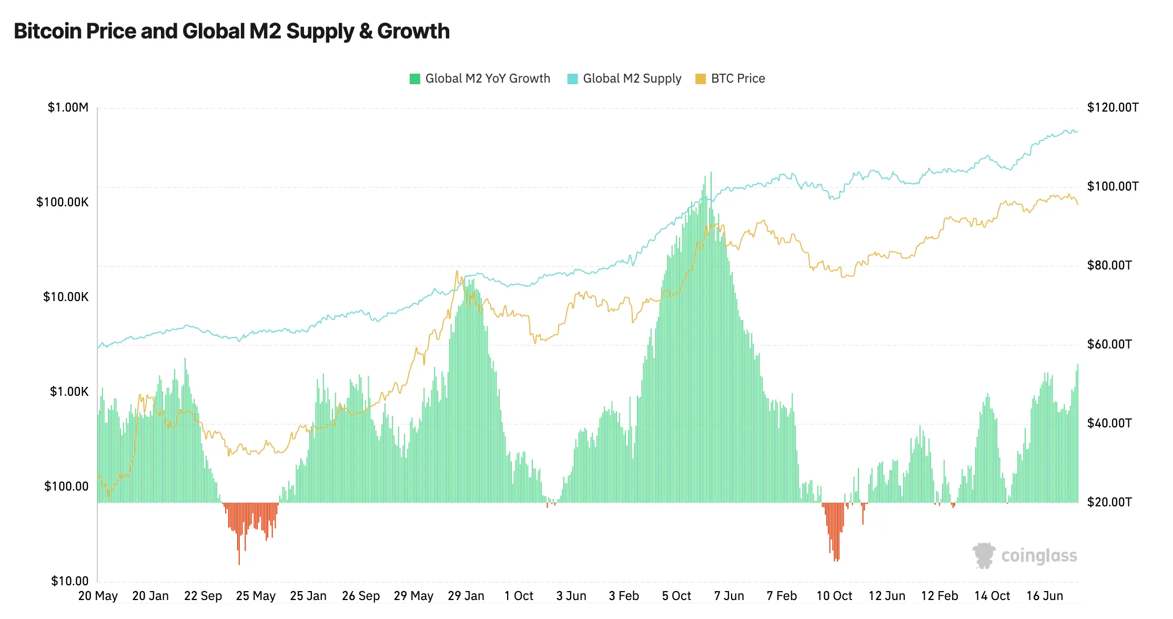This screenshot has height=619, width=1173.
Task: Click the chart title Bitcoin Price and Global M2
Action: click(x=231, y=32)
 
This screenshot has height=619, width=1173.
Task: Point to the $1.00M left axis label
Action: click(x=68, y=108)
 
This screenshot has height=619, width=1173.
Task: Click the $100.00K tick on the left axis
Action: click(x=62, y=203)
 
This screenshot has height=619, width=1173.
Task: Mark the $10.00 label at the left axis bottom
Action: click(x=69, y=581)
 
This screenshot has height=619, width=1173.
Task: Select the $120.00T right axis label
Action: click(x=1113, y=108)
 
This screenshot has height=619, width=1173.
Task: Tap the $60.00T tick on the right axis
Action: click(x=1109, y=345)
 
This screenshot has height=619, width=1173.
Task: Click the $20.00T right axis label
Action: click(x=1109, y=502)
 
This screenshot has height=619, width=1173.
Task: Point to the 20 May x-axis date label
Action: click(x=98, y=596)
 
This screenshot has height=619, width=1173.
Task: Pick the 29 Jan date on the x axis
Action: click(x=466, y=596)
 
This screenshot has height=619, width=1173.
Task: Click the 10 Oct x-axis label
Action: click(x=834, y=596)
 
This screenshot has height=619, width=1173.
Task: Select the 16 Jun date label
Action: click(x=1045, y=596)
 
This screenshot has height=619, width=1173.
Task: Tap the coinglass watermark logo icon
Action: click(x=983, y=555)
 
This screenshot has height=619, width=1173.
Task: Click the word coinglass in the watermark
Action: click(x=1039, y=556)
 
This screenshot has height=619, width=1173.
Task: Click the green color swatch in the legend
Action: click(x=415, y=79)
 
